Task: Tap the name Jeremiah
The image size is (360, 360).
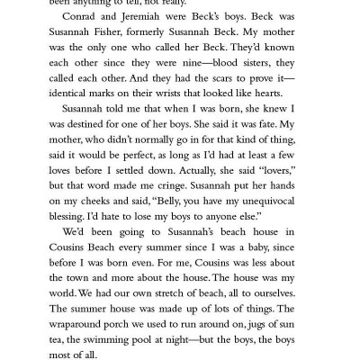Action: (152, 30)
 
